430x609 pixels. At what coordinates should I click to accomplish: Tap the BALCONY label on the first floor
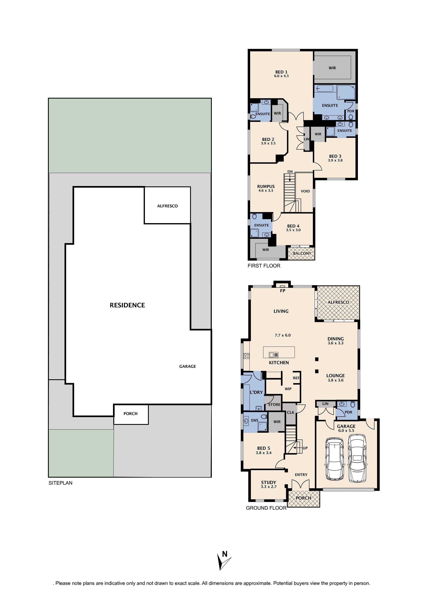[302, 253]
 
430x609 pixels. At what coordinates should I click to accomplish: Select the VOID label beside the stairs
[305, 191]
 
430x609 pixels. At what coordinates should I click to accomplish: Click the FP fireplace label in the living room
[283, 291]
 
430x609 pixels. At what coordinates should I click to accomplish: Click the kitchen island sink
[273, 355]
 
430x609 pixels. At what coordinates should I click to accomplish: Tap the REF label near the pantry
[296, 378]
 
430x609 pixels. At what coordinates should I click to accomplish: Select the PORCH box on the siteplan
[131, 414]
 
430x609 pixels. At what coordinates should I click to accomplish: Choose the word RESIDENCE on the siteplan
[127, 305]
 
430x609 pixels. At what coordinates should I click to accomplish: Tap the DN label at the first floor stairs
[290, 172]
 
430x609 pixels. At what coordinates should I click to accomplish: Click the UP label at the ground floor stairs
[305, 448]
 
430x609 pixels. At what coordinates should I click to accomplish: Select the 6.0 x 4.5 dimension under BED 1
[281, 76]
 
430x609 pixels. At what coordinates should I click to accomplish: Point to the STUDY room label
[268, 482]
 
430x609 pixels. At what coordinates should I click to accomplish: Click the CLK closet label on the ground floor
[290, 412]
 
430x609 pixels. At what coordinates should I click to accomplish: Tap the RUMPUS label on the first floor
[266, 187]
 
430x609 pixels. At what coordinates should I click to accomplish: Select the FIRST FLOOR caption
[264, 266]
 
